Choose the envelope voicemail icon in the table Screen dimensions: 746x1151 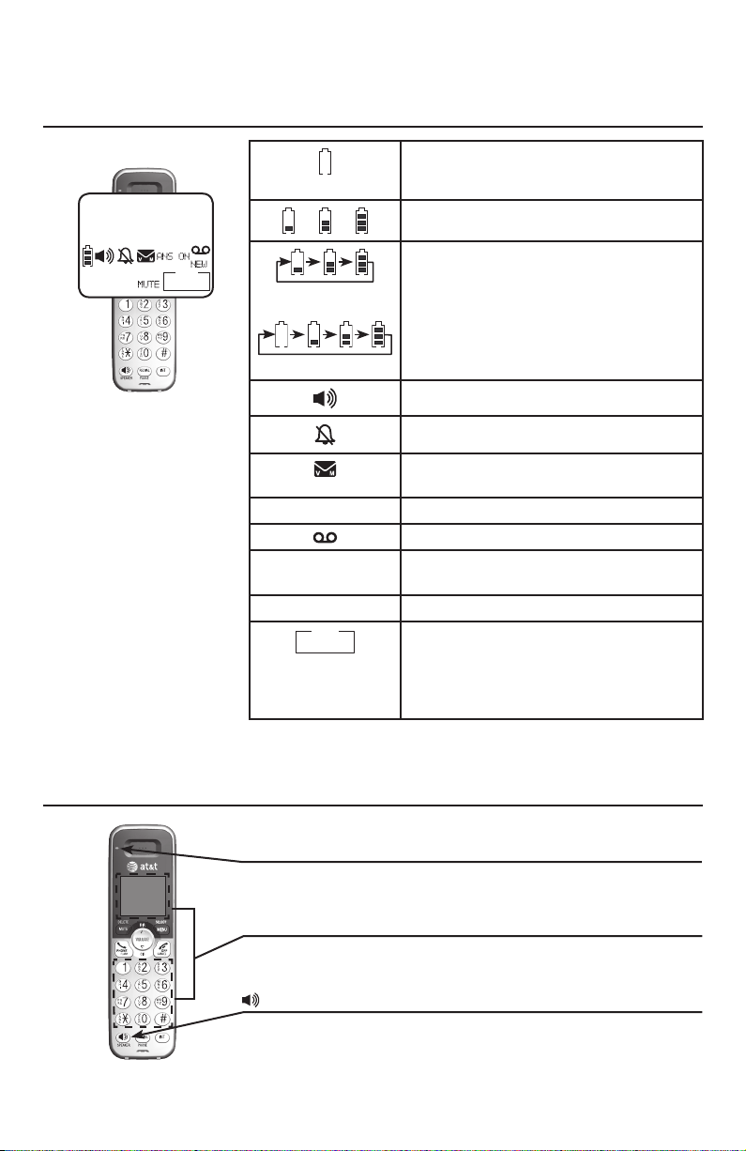[325, 466]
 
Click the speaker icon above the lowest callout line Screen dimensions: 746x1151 [251, 1001]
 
